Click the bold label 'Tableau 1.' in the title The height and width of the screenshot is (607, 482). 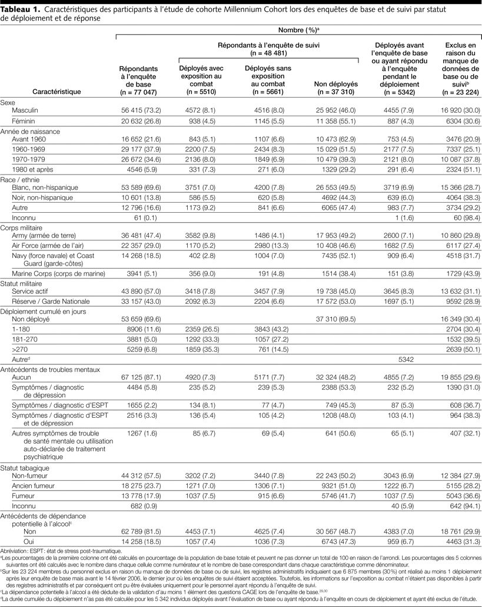(21, 10)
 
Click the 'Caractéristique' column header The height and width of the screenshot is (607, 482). (56, 92)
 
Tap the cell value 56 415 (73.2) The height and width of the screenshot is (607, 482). (138, 110)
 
